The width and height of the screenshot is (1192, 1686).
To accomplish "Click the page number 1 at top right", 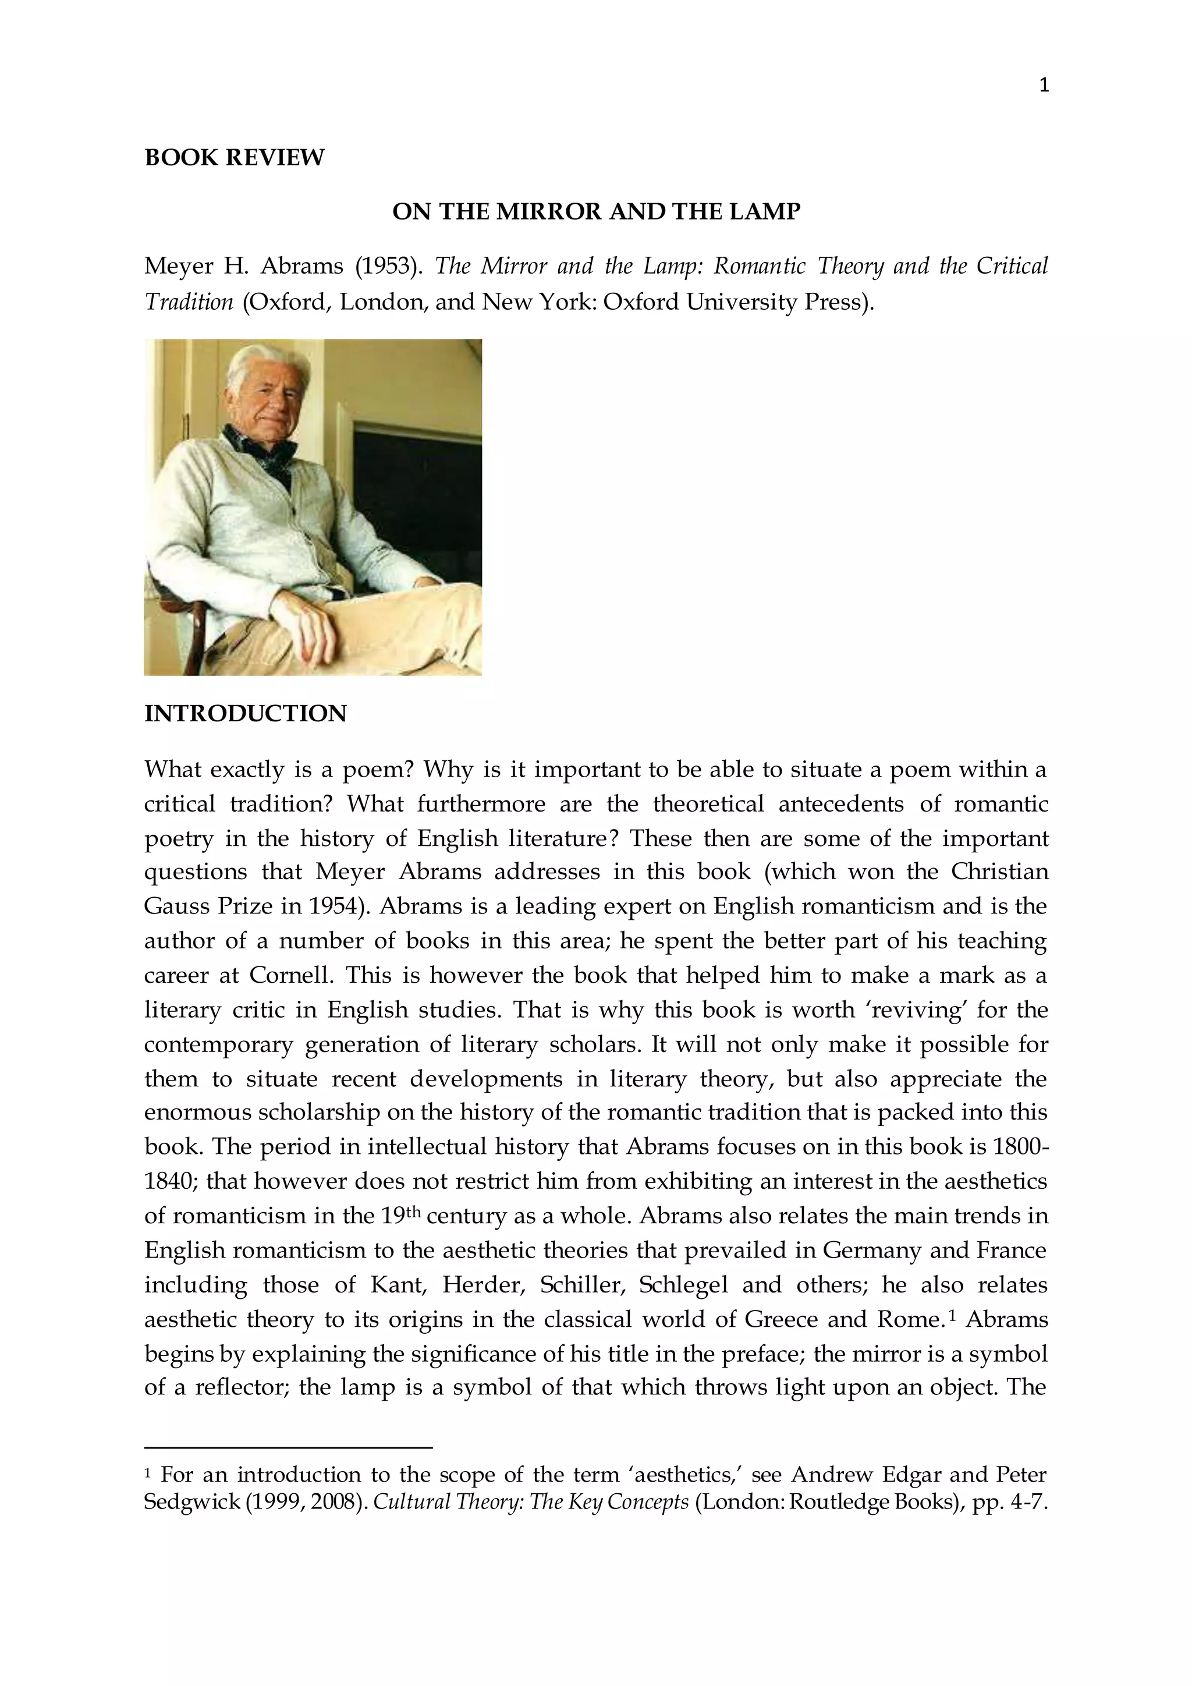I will pyautogui.click(x=1044, y=86).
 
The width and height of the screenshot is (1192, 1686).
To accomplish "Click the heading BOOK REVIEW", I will pyautogui.click(x=234, y=158).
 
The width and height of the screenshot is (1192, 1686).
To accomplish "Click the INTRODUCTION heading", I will pyautogui.click(x=245, y=714).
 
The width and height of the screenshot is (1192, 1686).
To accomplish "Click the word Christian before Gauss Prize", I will pyautogui.click(x=1000, y=872).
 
